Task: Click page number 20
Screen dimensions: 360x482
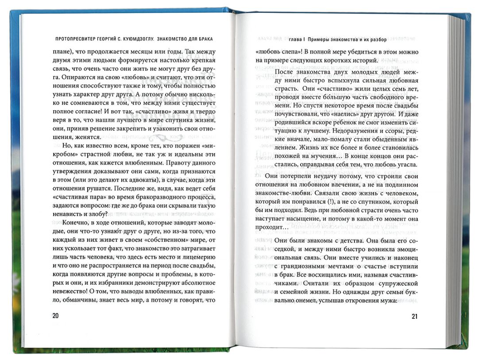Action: (x=55, y=316)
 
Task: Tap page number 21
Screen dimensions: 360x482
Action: (x=415, y=316)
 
